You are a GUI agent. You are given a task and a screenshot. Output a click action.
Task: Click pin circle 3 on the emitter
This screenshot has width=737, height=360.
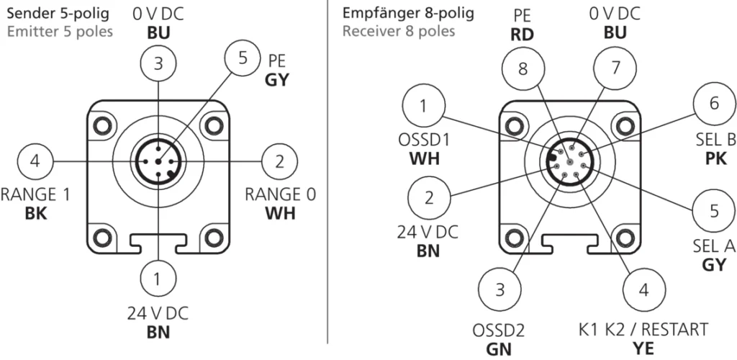[158, 63]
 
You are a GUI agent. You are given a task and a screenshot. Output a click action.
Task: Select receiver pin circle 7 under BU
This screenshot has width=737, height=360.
[616, 70]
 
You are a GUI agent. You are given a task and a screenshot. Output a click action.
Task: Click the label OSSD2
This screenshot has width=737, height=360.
[498, 330]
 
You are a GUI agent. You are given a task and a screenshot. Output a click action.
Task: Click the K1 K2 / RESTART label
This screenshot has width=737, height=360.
[643, 330]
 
